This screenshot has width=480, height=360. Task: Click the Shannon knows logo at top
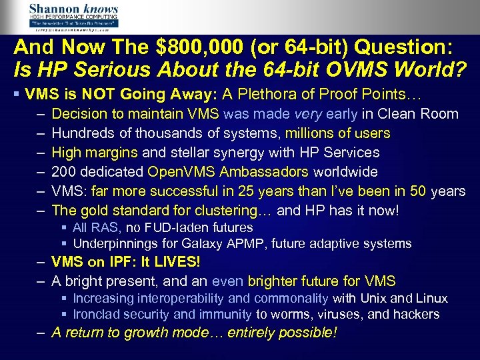[x=73, y=16]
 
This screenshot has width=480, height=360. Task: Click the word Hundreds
[x=81, y=133]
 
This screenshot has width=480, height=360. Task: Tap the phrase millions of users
[x=338, y=133]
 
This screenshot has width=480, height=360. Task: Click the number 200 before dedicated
[x=63, y=172]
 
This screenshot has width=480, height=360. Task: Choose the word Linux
[x=430, y=298]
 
